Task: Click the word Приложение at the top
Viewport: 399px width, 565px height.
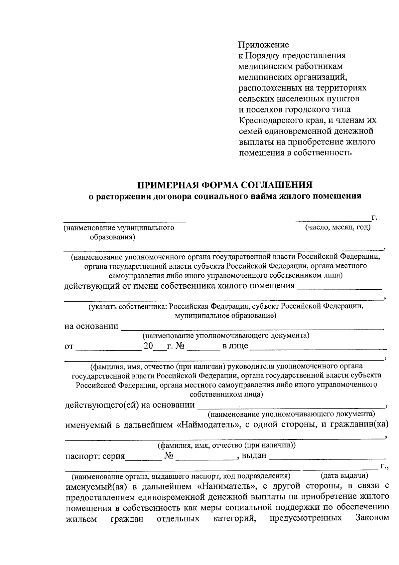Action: [264, 45]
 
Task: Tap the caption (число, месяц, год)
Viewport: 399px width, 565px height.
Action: [338, 227]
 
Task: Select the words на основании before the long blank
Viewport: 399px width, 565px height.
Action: [91, 326]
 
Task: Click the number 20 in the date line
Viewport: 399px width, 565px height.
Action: [148, 346]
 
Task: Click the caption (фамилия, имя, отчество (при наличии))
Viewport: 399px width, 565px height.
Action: [226, 445]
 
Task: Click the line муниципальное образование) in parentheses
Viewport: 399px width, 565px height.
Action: [225, 316]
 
